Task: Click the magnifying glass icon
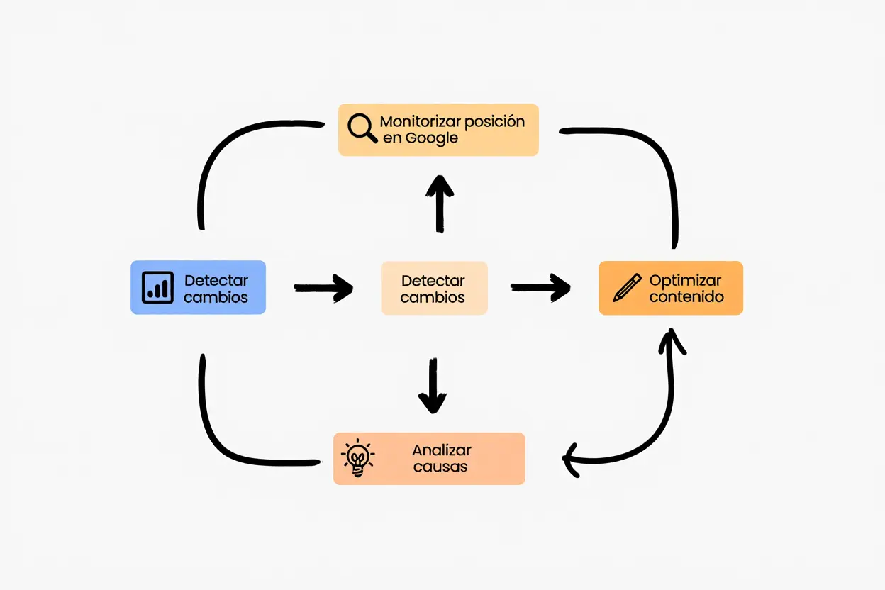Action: [x=362, y=128]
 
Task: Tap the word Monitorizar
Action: [x=413, y=121]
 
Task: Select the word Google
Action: [x=431, y=138]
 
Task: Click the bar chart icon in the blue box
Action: [x=157, y=286]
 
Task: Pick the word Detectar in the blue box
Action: [x=216, y=280]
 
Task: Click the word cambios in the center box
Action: [x=433, y=297]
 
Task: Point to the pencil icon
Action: [x=627, y=287]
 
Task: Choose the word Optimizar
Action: [x=685, y=280]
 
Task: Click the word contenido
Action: [x=686, y=296]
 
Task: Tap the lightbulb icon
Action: [x=357, y=458]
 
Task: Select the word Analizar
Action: [x=441, y=450]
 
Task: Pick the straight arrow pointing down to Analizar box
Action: [x=432, y=386]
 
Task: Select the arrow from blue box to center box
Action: [x=323, y=287]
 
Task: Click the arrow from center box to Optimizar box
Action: [x=540, y=287]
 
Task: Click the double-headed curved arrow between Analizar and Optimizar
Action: [x=656, y=425]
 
